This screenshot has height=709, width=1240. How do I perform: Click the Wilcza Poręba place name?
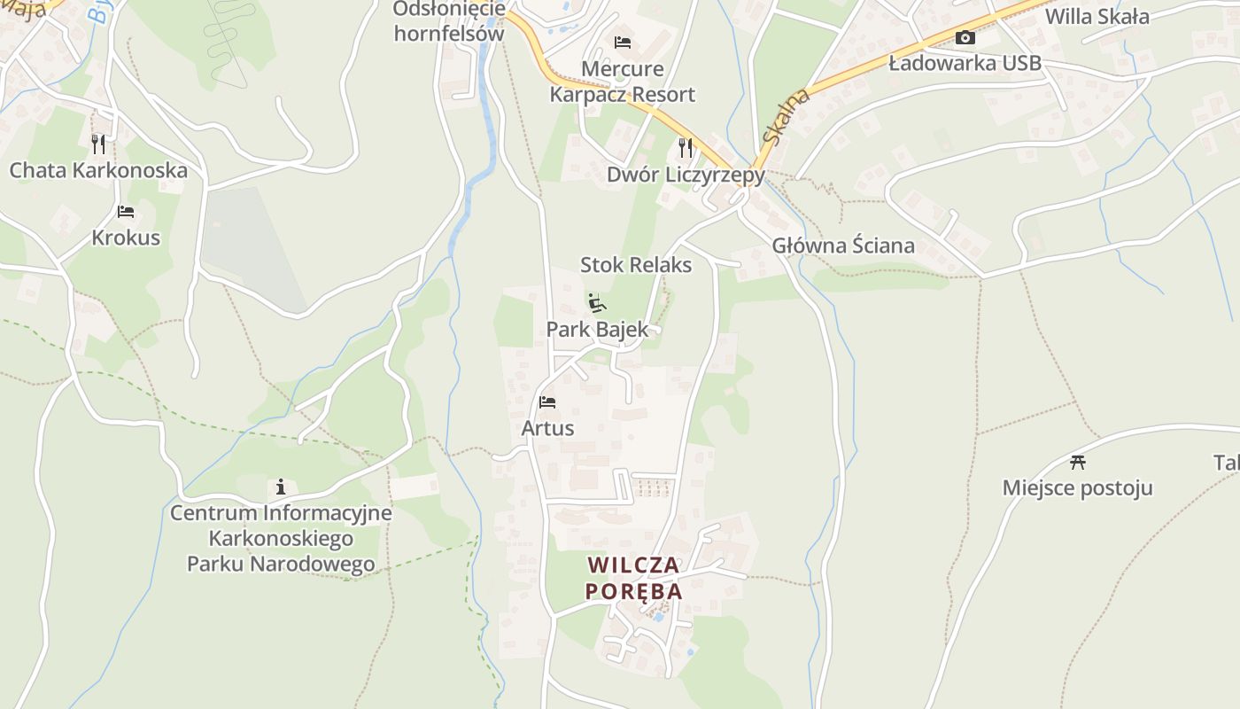(x=634, y=578)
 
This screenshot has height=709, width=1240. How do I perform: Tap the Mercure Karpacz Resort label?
(x=622, y=82)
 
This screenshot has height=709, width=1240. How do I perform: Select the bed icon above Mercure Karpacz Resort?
(x=623, y=43)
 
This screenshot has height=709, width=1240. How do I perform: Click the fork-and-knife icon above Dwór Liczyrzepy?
(x=686, y=146)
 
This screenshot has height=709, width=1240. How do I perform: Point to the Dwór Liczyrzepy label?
(x=686, y=175)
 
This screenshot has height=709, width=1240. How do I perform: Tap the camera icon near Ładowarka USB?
(x=965, y=37)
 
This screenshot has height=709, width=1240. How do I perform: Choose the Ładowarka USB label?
(x=965, y=63)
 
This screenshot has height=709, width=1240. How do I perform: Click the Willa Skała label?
(x=1097, y=16)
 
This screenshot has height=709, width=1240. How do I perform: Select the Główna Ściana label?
(x=843, y=245)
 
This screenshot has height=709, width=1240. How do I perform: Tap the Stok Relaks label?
(x=636, y=264)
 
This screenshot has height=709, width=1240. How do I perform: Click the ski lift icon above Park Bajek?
(x=597, y=303)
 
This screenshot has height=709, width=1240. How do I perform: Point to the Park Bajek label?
(x=597, y=330)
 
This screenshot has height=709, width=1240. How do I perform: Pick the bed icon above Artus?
(x=547, y=402)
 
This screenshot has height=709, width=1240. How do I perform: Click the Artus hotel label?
(x=547, y=428)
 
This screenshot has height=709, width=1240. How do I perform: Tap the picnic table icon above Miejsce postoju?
(x=1078, y=462)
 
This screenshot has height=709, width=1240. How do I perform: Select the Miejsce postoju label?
(x=1078, y=487)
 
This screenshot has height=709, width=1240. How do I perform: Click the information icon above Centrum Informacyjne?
(x=281, y=487)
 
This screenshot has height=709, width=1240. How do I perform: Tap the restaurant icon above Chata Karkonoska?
(x=98, y=144)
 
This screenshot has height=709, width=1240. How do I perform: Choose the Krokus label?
(x=126, y=238)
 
